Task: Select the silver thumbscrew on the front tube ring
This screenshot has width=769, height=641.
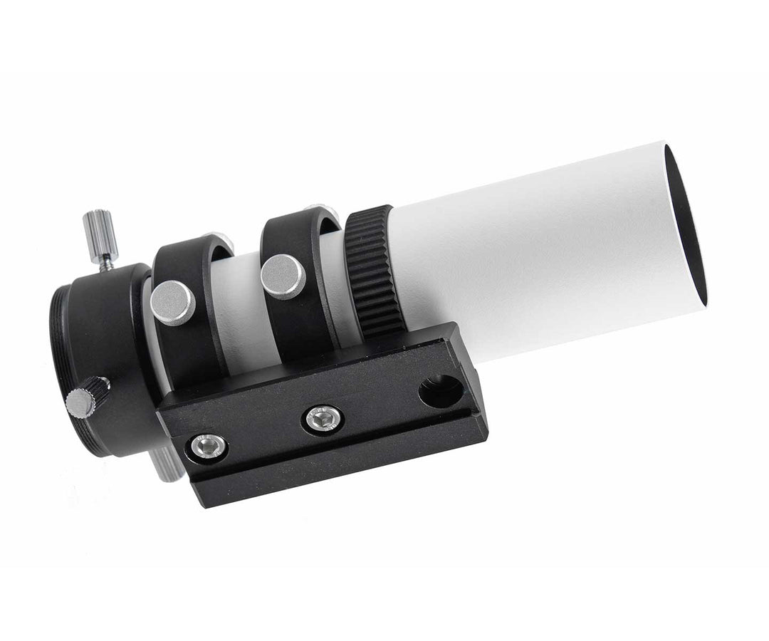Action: click(x=283, y=276)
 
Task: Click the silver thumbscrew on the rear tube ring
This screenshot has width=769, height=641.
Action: click(x=173, y=302)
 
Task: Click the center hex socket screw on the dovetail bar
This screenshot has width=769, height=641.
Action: click(x=322, y=419)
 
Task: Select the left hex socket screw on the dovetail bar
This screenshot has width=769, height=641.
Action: click(x=209, y=447)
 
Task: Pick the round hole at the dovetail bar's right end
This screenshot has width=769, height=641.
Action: click(x=440, y=391)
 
